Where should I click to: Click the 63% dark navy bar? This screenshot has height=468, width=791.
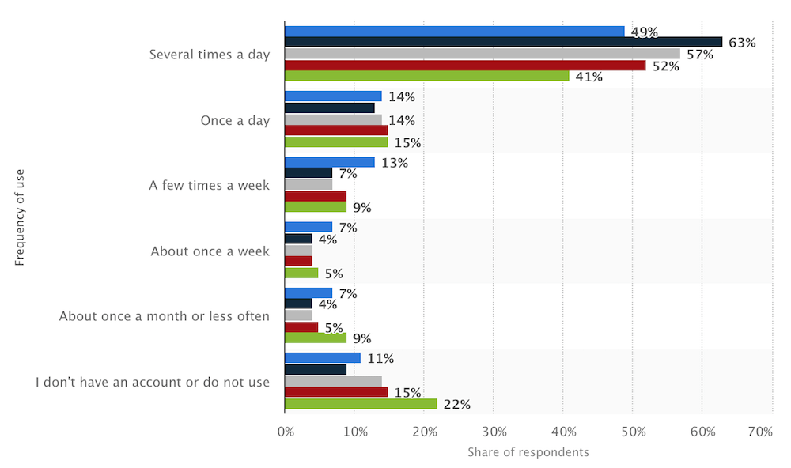click(503, 43)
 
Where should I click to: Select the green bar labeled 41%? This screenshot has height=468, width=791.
click(426, 77)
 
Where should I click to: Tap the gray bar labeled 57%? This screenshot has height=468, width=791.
click(482, 54)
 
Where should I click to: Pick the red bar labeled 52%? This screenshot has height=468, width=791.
click(464, 66)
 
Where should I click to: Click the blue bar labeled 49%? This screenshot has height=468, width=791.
click(454, 32)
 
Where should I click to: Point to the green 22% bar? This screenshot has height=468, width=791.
click(361, 404)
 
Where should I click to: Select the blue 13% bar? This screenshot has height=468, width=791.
click(329, 162)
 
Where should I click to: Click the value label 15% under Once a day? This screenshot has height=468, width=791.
click(407, 143)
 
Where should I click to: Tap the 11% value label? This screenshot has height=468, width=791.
click(380, 358)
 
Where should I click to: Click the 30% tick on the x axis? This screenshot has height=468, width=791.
click(493, 432)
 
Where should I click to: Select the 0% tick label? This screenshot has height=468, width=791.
click(286, 432)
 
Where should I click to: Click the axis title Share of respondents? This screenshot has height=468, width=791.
click(528, 452)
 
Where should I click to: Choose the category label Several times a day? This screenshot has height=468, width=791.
click(210, 55)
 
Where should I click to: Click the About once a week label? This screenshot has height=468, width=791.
click(210, 251)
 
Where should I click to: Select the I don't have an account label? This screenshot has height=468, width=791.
click(153, 382)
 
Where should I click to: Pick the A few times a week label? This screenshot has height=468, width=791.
click(210, 186)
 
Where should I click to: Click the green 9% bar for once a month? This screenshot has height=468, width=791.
click(315, 338)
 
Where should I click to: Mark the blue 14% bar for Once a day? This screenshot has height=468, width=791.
click(333, 96)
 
